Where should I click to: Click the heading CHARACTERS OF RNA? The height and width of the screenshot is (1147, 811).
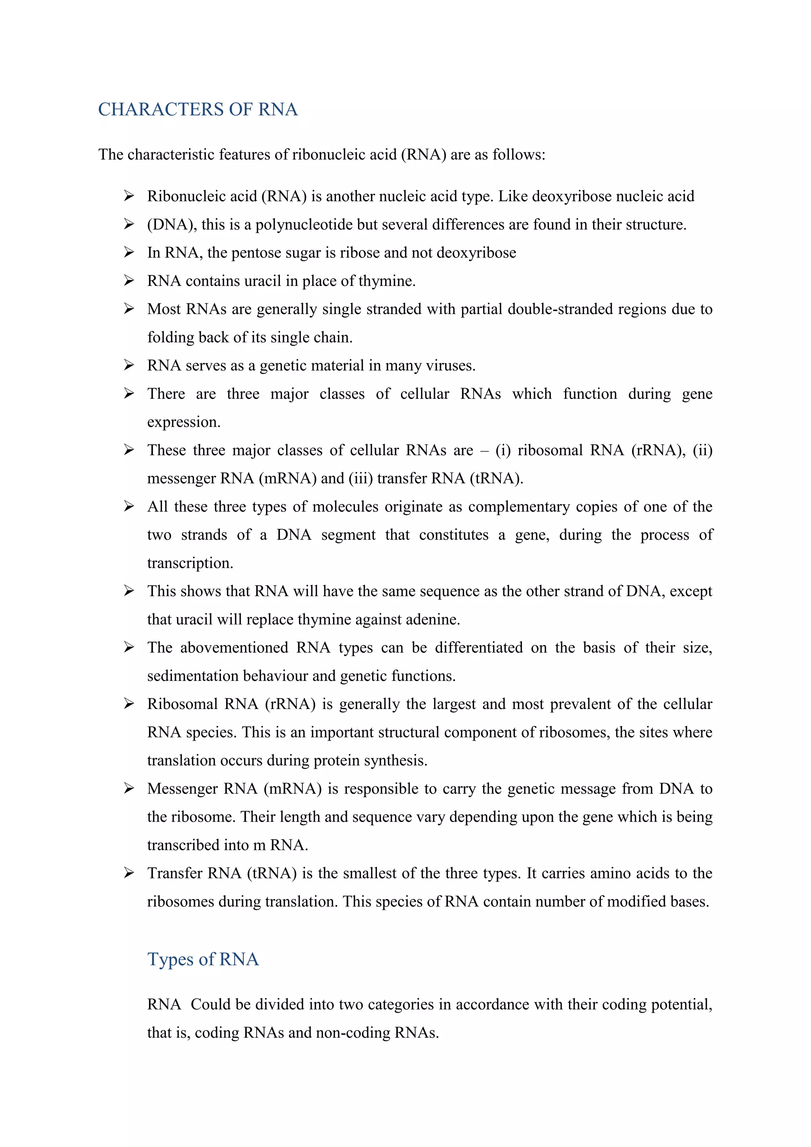tap(198, 109)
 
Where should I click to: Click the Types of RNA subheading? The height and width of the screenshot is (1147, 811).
tap(203, 959)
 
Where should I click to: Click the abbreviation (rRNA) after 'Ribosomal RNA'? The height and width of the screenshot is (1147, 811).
tap(290, 704)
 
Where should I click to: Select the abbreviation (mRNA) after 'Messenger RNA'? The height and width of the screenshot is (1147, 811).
tap(293, 788)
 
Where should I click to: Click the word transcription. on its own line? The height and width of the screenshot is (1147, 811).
tap(190, 563)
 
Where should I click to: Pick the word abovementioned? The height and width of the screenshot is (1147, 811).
tap(234, 648)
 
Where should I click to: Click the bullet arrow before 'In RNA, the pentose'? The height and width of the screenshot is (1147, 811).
tap(129, 252)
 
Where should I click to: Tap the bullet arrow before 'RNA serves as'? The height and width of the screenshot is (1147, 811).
tap(129, 365)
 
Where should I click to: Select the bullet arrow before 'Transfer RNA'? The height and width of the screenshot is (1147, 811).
tap(129, 873)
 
